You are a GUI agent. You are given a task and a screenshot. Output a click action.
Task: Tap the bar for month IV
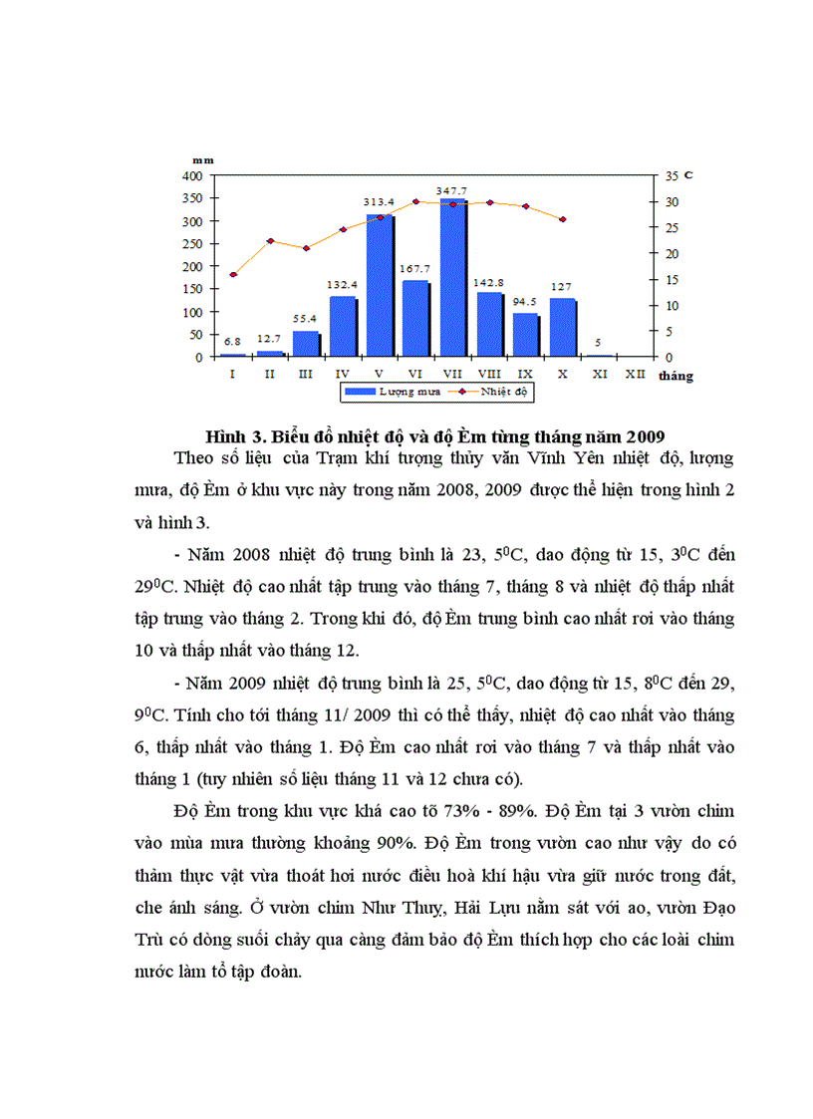(343, 326)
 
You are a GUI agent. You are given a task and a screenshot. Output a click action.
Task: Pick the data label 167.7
(415, 269)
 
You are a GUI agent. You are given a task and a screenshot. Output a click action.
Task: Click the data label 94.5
(525, 302)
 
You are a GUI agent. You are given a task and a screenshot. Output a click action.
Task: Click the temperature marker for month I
(233, 274)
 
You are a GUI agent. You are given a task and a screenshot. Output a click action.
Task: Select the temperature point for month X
(563, 219)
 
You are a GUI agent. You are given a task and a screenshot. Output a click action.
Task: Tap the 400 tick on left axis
(192, 175)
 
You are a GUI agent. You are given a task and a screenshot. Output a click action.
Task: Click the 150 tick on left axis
(192, 289)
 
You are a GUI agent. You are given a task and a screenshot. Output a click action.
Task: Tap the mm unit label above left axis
(202, 159)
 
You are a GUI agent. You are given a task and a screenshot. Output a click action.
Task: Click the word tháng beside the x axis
(676, 377)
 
